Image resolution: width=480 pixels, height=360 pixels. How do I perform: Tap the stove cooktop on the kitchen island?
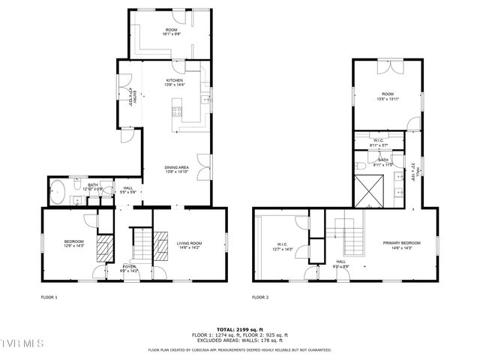tap(178, 112)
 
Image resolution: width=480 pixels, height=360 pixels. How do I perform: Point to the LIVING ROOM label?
tap(189, 244)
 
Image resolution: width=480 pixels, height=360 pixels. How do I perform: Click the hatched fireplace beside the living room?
tap(162, 245)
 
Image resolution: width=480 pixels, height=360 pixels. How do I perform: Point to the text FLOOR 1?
tap(49, 297)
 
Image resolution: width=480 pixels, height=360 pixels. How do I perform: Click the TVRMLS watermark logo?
tap(22, 343)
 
